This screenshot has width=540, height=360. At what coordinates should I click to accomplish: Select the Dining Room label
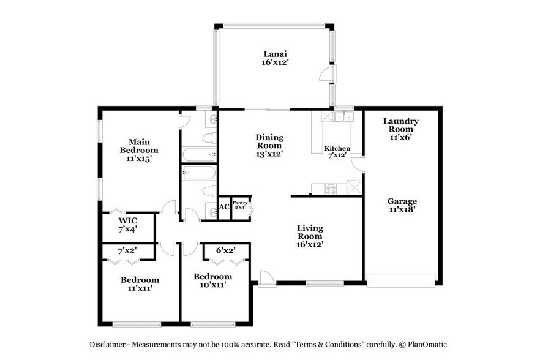coord(269,145)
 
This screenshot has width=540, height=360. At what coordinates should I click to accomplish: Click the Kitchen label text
coord(337,148)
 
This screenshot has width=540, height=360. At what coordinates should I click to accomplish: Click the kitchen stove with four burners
coord(330,188)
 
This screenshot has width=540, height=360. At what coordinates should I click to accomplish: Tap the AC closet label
coord(224,207)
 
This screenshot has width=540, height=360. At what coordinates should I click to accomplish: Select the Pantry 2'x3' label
coord(239,205)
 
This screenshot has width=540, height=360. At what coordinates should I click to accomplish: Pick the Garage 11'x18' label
coord(402,206)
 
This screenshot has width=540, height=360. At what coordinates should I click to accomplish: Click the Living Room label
coord(310,236)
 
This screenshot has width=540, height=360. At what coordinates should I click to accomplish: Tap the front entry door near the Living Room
coord(266,278)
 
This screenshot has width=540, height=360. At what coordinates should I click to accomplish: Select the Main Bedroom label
coord(139,150)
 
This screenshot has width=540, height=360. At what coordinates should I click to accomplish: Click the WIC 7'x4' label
coord(127,224)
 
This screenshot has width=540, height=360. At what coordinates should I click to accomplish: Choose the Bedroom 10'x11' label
coord(212,280)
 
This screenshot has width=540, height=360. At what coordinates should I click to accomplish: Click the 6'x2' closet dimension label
coord(225,250)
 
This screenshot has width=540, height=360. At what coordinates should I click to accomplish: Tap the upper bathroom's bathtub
coord(198,154)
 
